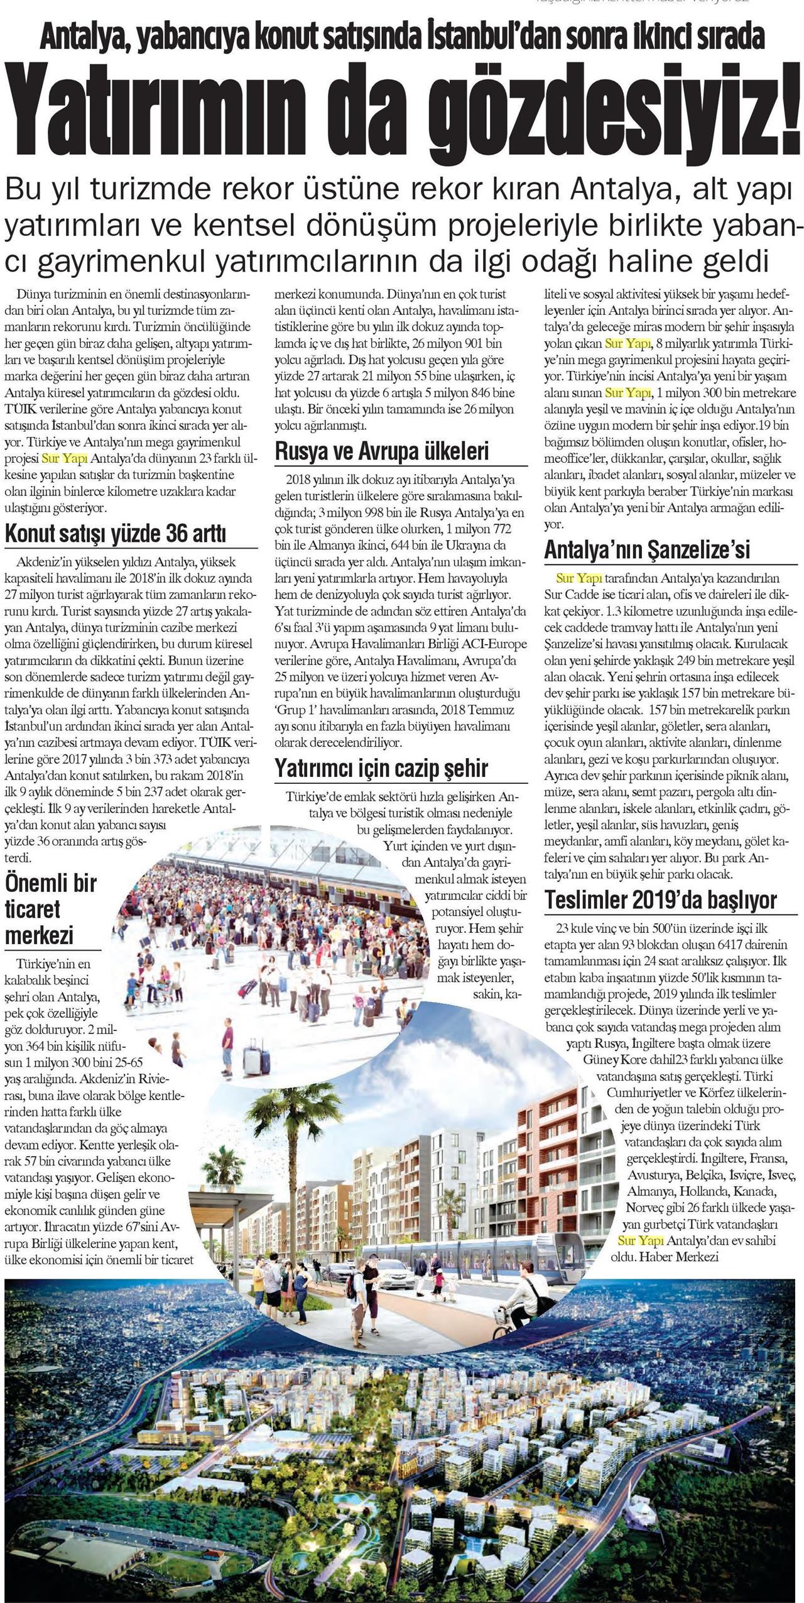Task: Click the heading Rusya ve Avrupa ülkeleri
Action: [381, 451]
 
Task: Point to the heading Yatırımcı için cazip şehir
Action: [381, 768]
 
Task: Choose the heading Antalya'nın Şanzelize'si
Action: [647, 549]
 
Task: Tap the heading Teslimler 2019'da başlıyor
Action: [661, 900]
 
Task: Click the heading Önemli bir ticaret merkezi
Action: [50, 909]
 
